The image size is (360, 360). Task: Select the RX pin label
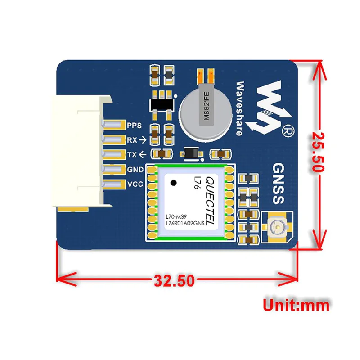(x=132, y=140)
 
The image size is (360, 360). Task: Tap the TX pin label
(x=132, y=155)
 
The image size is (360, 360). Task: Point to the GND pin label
(x=135, y=170)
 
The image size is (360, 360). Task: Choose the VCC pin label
(x=135, y=184)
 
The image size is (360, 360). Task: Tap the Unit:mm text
(x=297, y=306)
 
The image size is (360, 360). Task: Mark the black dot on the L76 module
(x=173, y=183)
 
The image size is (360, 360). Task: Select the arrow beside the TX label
(x=142, y=155)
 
